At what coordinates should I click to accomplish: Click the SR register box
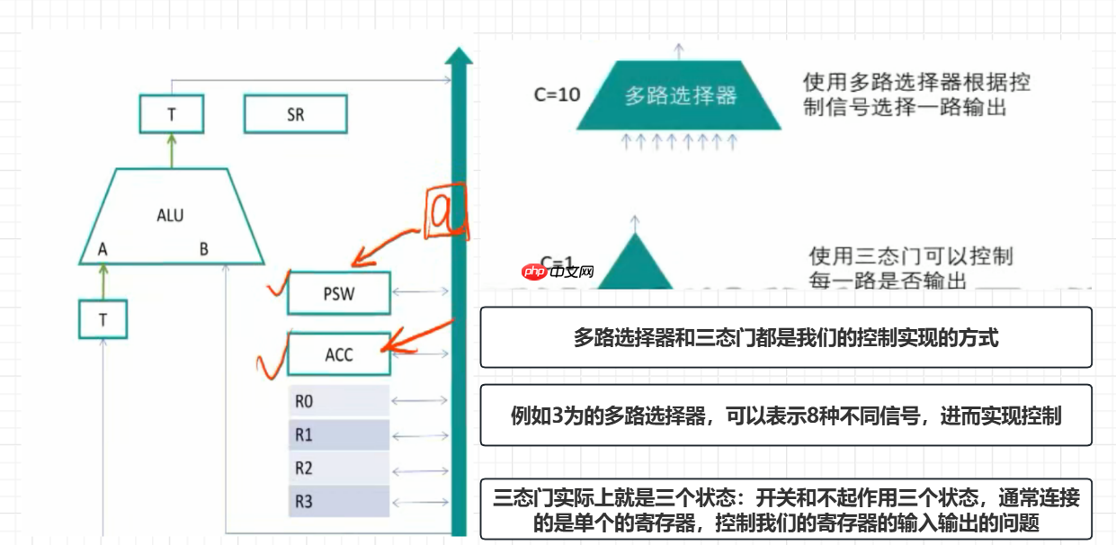295,115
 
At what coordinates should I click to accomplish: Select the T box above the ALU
171,115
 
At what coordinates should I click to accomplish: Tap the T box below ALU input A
103,319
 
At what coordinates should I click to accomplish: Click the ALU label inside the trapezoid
170,215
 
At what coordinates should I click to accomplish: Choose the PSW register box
339,294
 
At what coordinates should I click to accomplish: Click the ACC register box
339,354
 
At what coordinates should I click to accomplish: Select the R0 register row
339,400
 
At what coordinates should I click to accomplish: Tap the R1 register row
339,434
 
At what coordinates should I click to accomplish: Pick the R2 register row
339,468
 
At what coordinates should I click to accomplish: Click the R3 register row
339,501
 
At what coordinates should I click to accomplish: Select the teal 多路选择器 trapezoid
679,95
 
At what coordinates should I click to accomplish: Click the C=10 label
557,94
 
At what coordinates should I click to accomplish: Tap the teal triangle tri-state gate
635,263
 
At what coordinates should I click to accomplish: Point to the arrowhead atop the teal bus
459,57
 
